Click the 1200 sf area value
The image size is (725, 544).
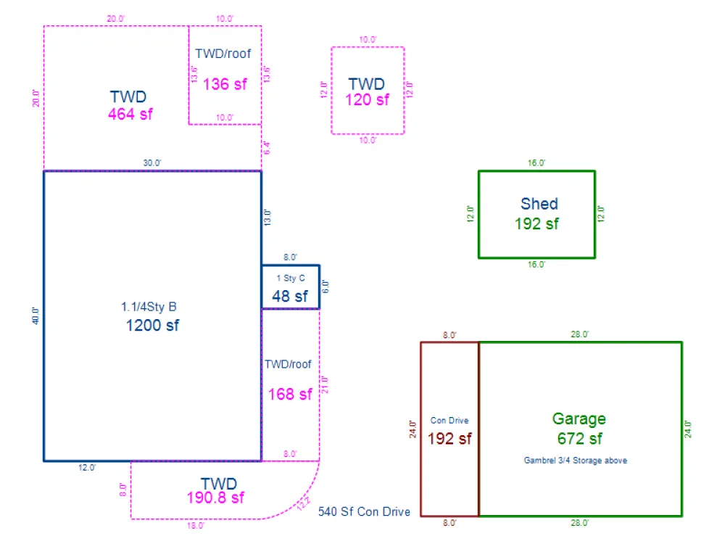click(152, 325)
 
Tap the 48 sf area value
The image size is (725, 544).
click(290, 296)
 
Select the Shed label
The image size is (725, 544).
click(539, 204)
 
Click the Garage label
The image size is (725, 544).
click(579, 419)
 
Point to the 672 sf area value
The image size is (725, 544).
click(579, 438)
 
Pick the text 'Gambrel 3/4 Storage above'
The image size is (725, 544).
click(575, 461)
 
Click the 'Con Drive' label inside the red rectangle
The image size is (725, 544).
click(449, 421)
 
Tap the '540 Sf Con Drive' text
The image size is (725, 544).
click(364, 511)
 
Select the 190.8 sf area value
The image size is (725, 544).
click(215, 498)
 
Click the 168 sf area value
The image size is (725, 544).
click(290, 394)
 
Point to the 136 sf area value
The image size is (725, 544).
click(225, 84)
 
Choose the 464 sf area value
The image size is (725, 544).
click(130, 114)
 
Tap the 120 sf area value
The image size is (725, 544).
click(367, 99)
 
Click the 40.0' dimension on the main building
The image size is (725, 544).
click(36, 316)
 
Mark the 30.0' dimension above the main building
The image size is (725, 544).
click(152, 162)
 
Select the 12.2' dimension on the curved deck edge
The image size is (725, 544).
click(304, 503)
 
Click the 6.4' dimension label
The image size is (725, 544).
click(266, 148)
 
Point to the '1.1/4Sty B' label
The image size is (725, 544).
click(149, 307)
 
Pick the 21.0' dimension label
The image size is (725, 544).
click(325, 385)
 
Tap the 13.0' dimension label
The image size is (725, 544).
click(268, 218)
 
